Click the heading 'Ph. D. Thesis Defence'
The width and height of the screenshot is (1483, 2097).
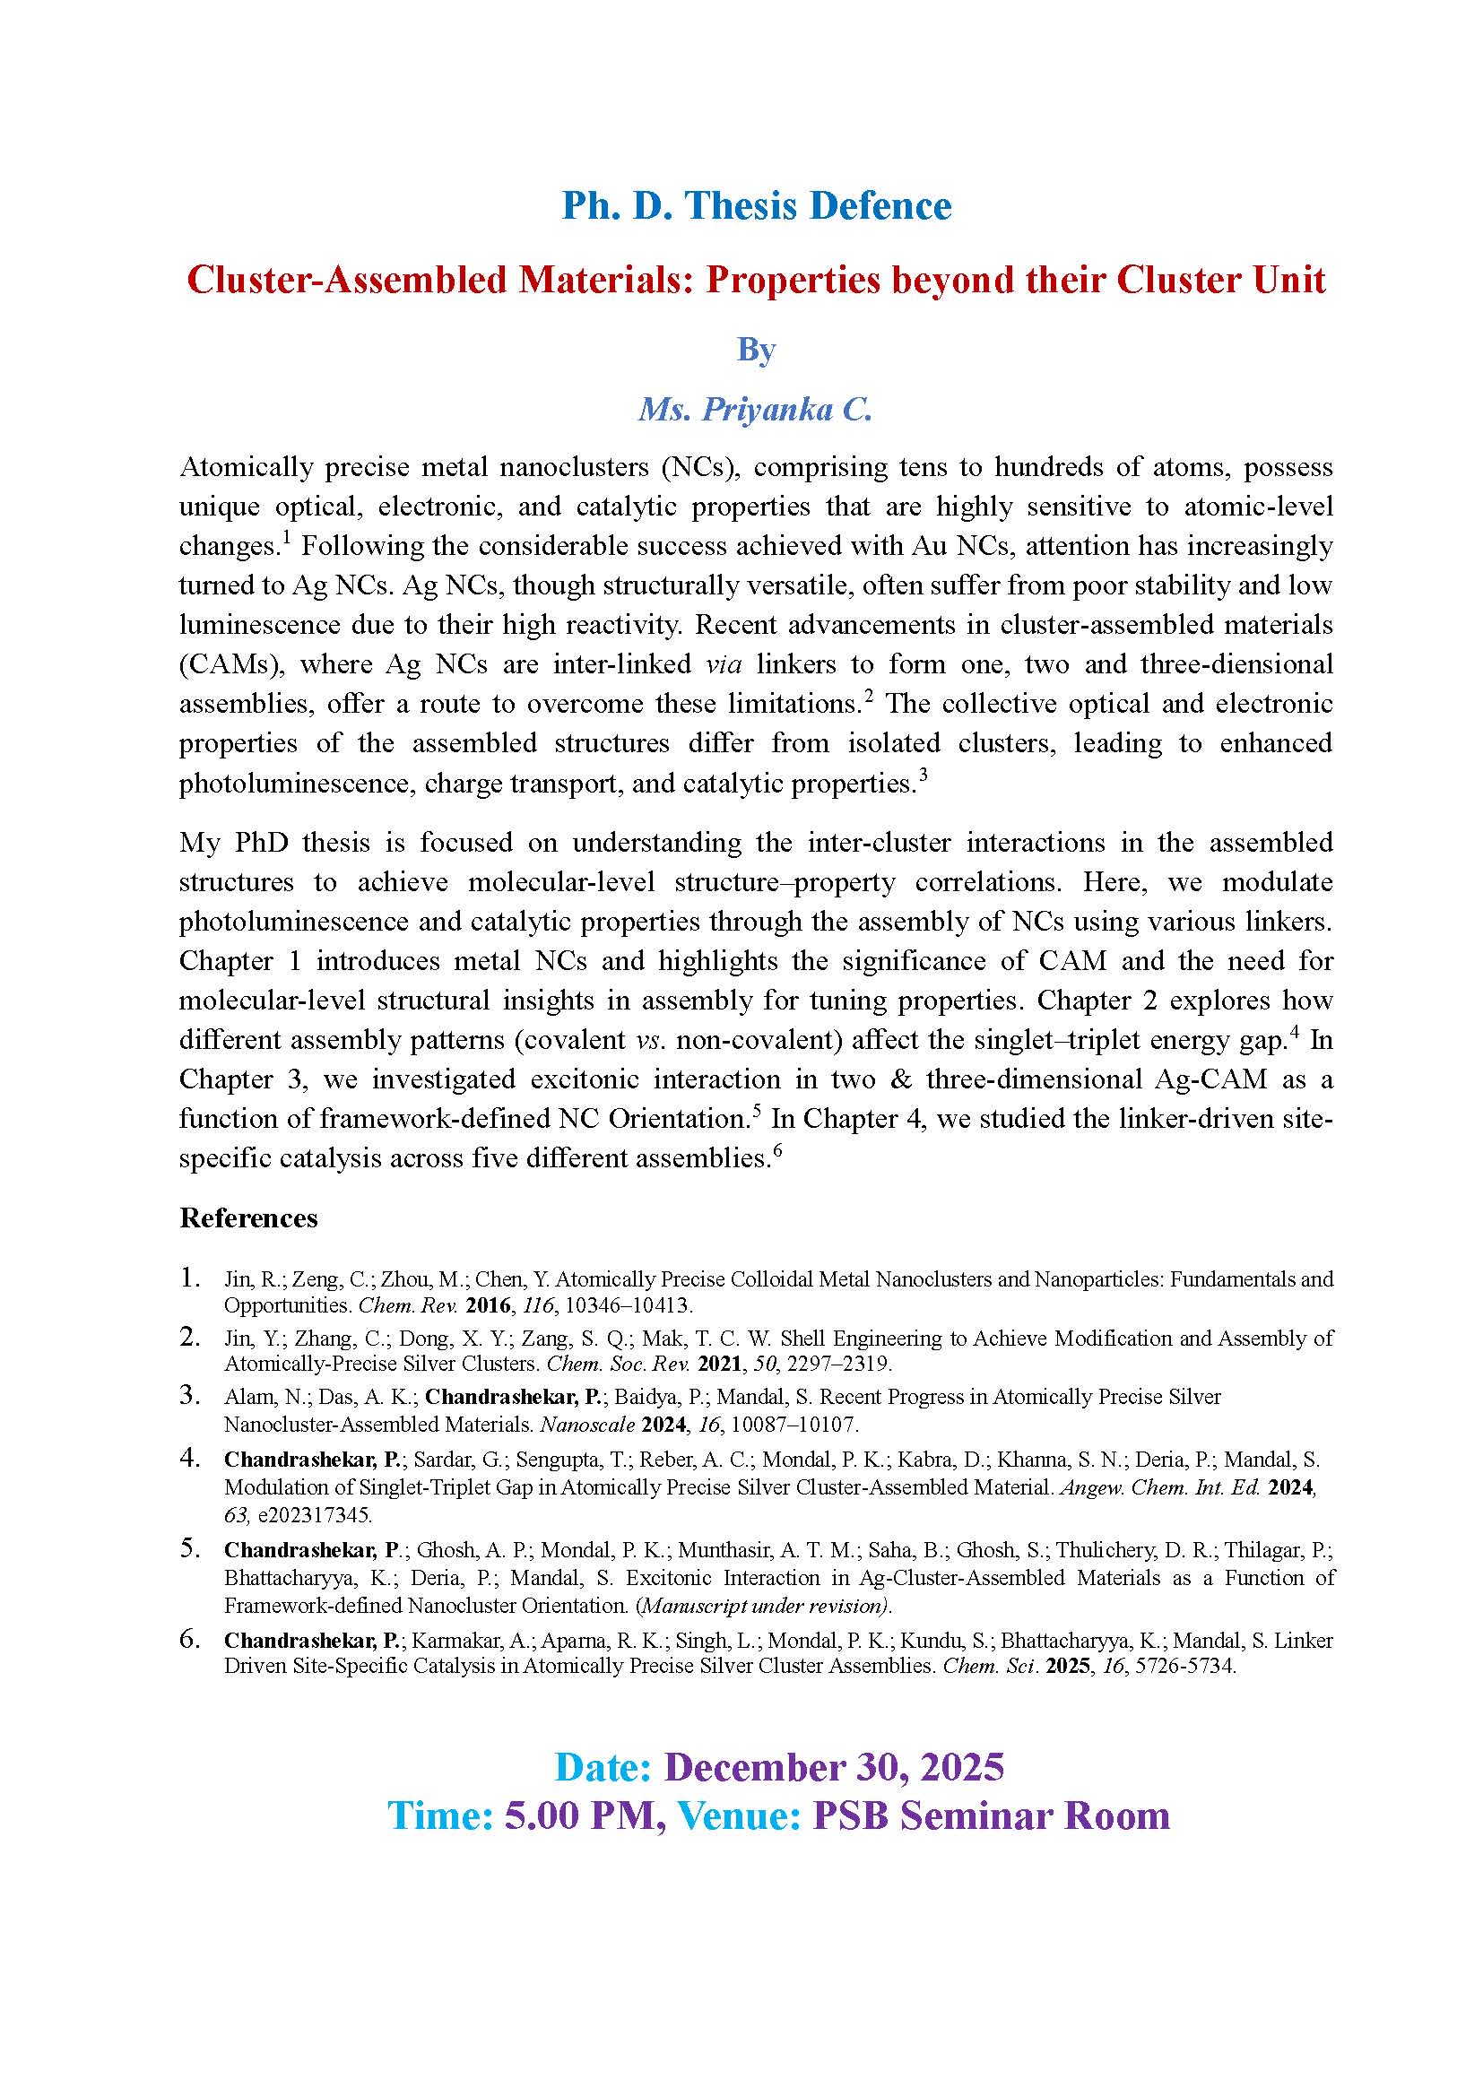[x=756, y=205]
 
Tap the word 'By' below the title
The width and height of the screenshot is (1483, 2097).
[x=756, y=349]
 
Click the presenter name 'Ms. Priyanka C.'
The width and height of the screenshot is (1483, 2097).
[x=755, y=409]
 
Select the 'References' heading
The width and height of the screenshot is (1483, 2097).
[x=248, y=1217]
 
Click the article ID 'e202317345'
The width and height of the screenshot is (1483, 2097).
[x=315, y=1515]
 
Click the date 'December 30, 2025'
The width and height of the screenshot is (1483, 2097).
[x=834, y=1767]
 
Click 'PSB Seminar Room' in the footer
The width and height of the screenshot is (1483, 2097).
[x=991, y=1815]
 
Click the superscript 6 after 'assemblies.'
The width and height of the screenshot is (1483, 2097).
[x=778, y=1151]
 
